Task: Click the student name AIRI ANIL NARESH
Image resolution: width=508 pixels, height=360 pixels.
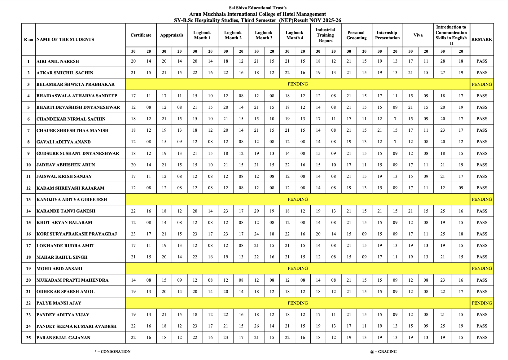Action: (x=58, y=61)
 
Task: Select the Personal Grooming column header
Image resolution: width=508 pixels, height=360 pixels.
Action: (x=356, y=35)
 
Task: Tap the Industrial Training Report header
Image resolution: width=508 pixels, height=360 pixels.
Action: (x=325, y=35)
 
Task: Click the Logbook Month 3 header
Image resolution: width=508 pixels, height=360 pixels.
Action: (x=264, y=35)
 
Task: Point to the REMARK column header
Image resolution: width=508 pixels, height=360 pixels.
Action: (x=482, y=39)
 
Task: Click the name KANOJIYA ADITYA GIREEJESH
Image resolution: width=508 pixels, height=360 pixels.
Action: (x=72, y=200)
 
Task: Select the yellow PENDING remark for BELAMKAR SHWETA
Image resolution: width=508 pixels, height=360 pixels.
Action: (x=482, y=84)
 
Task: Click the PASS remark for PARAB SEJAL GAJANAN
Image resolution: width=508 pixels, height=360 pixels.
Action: (x=482, y=337)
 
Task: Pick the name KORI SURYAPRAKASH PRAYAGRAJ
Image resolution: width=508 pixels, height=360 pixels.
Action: (x=77, y=234)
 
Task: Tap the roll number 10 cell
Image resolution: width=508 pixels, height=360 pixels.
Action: (x=28, y=165)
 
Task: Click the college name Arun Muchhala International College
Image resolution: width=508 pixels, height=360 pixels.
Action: (x=257, y=14)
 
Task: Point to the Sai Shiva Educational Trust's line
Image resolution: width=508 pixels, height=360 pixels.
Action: (x=258, y=8)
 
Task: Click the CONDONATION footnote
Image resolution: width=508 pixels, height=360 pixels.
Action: (x=113, y=352)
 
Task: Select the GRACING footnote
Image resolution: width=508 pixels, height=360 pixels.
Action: (x=383, y=352)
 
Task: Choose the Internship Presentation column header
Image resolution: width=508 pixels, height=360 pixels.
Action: (x=387, y=35)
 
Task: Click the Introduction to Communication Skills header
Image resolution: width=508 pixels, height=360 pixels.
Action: (x=451, y=35)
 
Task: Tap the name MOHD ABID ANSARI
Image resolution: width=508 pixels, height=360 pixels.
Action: (x=59, y=269)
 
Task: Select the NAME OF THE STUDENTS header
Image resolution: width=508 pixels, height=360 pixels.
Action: (x=65, y=39)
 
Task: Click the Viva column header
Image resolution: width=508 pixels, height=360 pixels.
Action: (x=418, y=35)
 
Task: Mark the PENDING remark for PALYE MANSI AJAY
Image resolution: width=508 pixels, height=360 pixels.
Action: (x=482, y=303)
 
